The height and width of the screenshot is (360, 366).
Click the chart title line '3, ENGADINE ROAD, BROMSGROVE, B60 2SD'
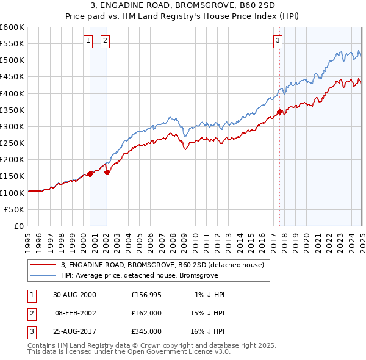tap(183, 6)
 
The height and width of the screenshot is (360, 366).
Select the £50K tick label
tap(14, 209)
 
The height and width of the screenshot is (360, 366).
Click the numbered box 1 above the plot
tap(88, 41)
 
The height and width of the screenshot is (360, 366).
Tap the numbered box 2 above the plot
tap(105, 41)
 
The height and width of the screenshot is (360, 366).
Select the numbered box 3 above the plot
tap(278, 41)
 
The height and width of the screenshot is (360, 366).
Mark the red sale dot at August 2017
tap(280, 112)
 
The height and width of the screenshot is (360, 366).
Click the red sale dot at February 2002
tap(107, 172)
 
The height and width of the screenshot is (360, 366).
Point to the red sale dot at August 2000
tap(90, 174)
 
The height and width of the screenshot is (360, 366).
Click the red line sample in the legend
tap(43, 265)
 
